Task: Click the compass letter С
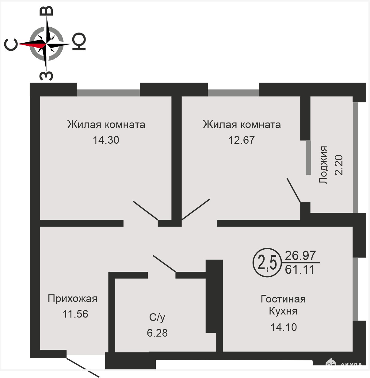click(x=11, y=44)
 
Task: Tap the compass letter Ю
click(x=79, y=41)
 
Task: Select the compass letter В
click(x=46, y=11)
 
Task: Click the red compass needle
click(x=31, y=44)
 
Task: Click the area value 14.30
click(x=106, y=140)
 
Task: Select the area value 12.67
click(x=242, y=140)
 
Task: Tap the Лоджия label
click(x=323, y=165)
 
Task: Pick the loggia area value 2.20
click(x=339, y=165)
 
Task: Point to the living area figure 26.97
click(x=300, y=255)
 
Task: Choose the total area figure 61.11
click(x=300, y=270)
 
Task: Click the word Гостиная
click(x=283, y=299)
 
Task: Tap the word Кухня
click(x=283, y=311)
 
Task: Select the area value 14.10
click(x=284, y=327)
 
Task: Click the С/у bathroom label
click(x=157, y=318)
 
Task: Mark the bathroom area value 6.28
click(x=157, y=333)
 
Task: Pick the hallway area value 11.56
click(x=75, y=314)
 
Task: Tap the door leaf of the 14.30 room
click(x=146, y=210)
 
